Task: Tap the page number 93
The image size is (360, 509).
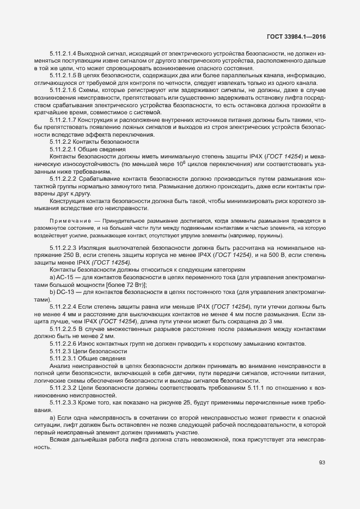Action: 322,463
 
